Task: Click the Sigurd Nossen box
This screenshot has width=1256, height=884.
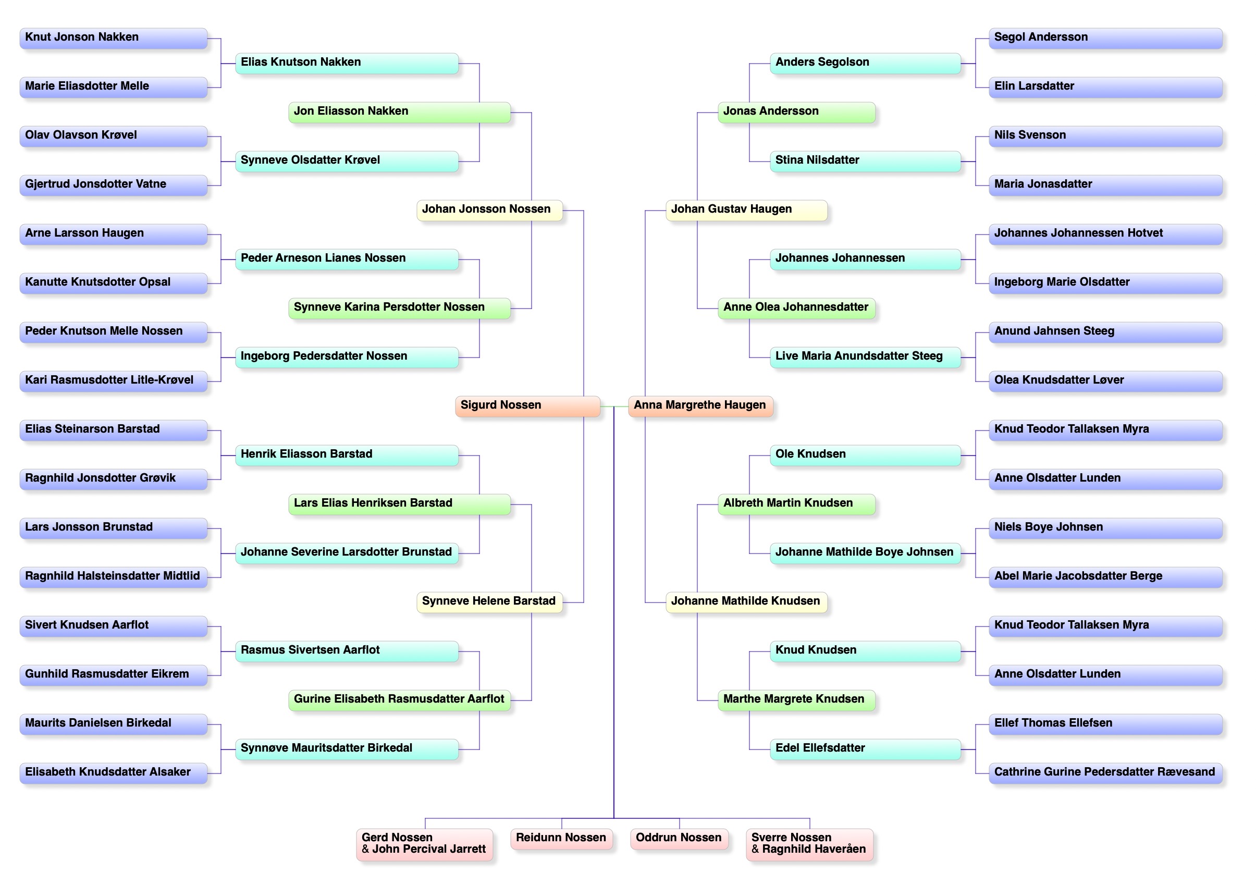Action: click(x=527, y=406)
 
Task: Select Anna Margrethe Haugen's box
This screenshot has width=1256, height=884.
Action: click(x=700, y=406)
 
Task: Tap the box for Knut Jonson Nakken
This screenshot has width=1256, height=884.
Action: click(x=113, y=38)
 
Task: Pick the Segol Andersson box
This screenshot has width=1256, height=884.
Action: click(x=1104, y=38)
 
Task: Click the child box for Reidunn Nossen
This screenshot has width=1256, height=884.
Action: click(x=561, y=838)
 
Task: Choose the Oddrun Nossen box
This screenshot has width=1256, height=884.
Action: click(x=679, y=838)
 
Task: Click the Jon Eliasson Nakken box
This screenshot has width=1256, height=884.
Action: click(x=399, y=112)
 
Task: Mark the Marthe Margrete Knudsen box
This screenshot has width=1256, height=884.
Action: click(x=795, y=699)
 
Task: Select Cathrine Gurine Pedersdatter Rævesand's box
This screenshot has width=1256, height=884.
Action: click(x=1104, y=772)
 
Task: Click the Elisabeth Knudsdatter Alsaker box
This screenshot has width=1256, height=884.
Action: click(x=113, y=772)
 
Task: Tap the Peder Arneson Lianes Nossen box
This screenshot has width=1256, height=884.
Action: click(x=346, y=259)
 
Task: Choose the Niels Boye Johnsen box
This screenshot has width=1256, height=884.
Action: click(x=1104, y=528)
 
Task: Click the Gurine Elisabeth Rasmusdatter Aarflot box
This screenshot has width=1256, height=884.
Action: click(x=399, y=699)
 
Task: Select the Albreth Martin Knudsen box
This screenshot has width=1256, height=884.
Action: click(x=795, y=504)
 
